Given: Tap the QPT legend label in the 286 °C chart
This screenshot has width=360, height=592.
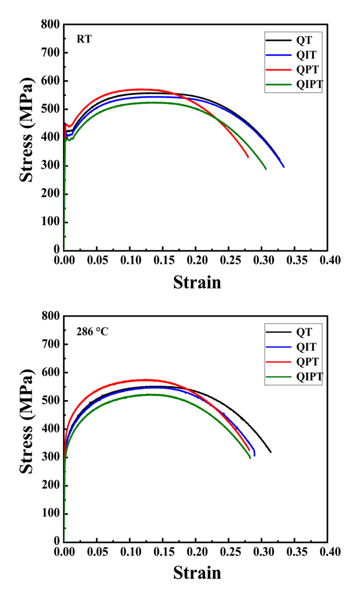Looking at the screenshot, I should point(306,361).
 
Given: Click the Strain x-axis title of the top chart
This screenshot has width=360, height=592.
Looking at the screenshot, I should point(197,281).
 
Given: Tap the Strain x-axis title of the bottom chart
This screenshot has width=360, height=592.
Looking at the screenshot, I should point(197,572).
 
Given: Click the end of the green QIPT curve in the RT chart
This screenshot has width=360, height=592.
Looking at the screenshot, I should point(266,169).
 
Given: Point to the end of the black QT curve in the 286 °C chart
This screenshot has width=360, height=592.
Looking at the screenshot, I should point(271,452).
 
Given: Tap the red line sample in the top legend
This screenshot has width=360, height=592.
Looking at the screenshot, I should point(276,69).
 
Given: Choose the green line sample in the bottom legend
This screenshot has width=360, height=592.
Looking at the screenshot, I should point(276,377).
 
